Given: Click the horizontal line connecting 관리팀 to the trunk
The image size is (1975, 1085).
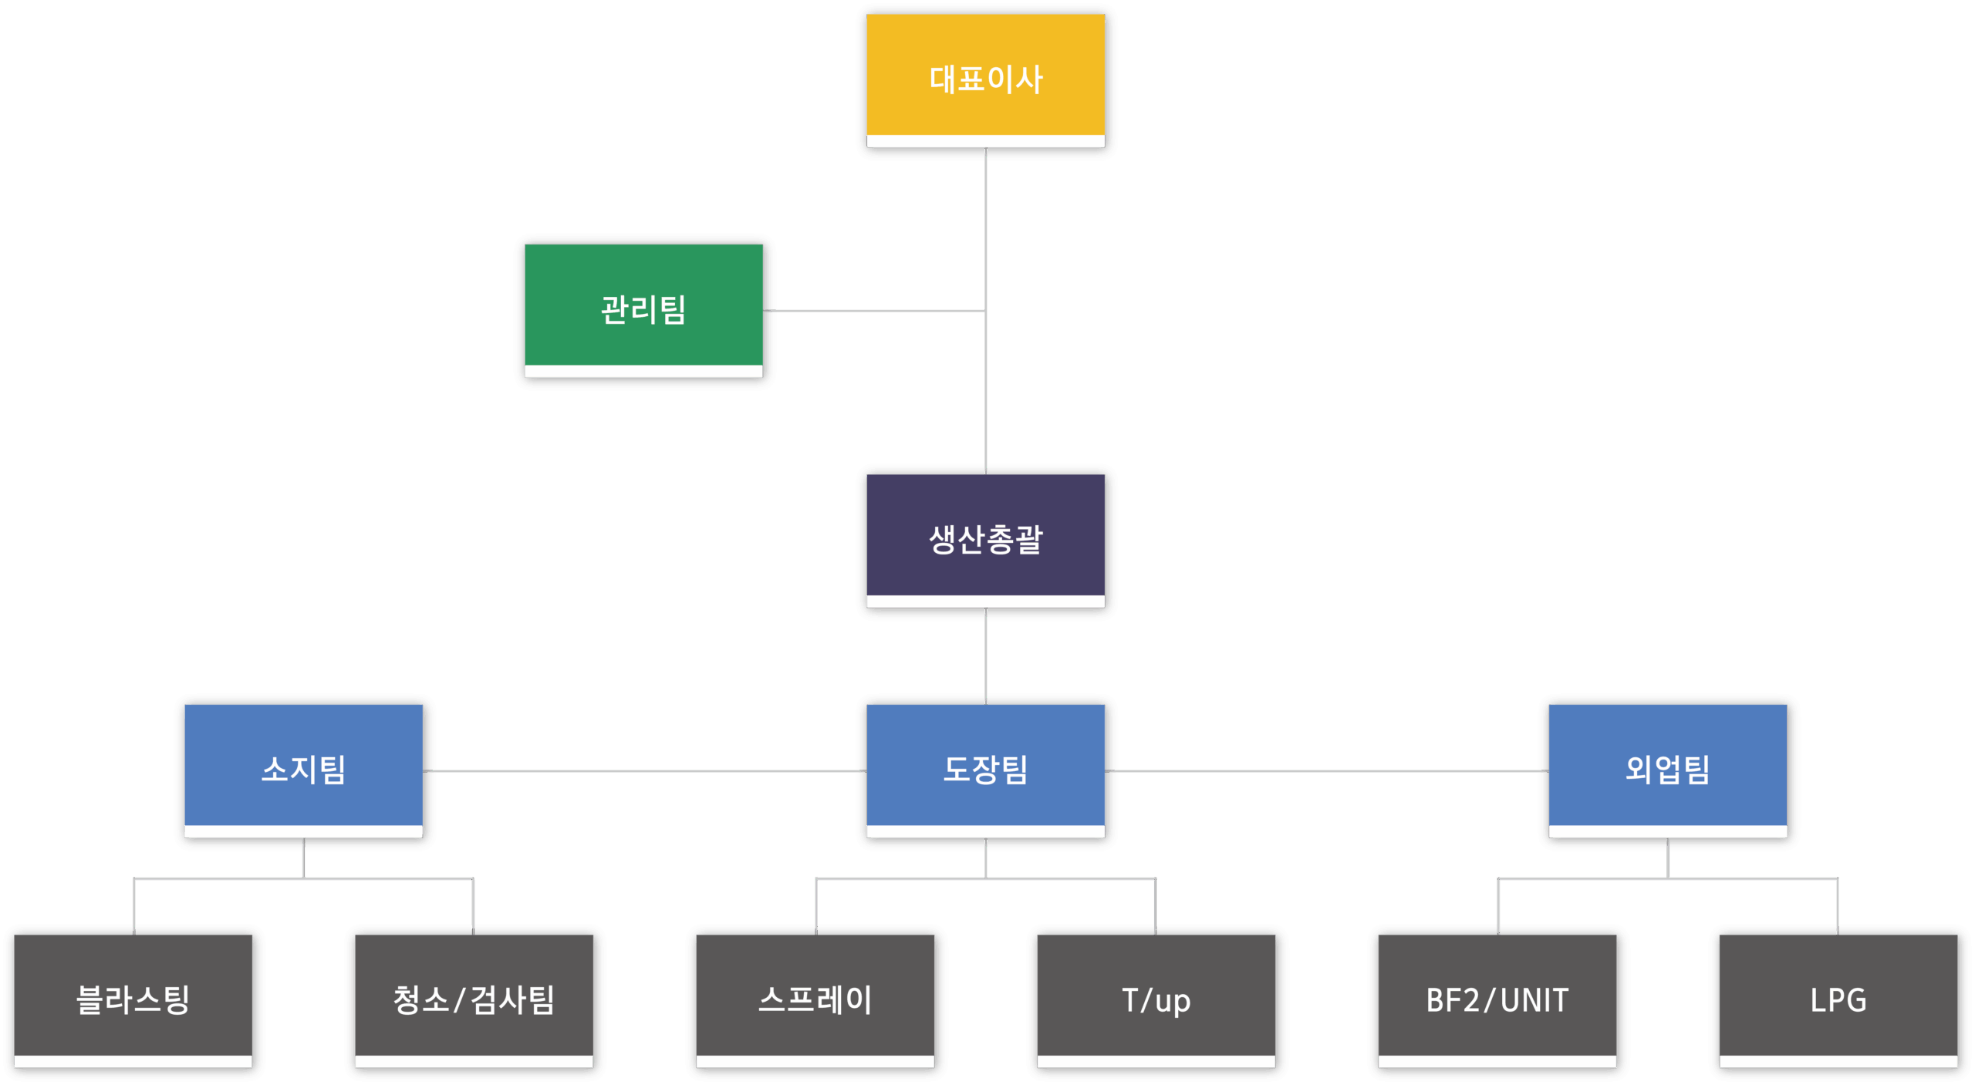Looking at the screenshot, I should pyautogui.click(x=873, y=311).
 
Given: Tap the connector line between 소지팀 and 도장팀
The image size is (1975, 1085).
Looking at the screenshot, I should pyautogui.click(x=644, y=770).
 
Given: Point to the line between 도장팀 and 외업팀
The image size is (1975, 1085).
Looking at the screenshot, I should pyautogui.click(x=1326, y=770).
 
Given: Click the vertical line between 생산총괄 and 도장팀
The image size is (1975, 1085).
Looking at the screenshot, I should pyautogui.click(x=986, y=655).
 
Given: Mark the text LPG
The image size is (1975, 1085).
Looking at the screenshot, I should pyautogui.click(x=1838, y=1000).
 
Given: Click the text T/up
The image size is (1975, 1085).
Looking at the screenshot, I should pyautogui.click(x=1156, y=1000).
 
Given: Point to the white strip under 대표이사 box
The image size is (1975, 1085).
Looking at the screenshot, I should pyautogui.click(x=985, y=141).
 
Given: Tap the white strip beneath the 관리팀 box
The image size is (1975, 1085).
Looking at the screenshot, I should pyautogui.click(x=643, y=371).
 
